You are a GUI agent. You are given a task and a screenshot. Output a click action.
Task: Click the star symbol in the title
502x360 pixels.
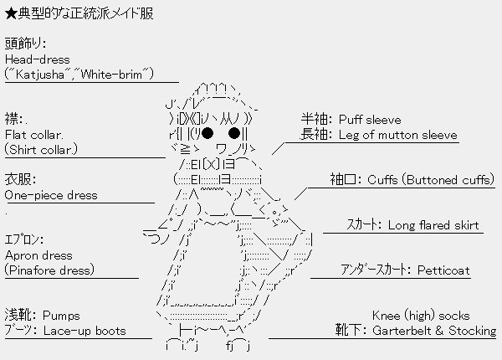pos(11,15)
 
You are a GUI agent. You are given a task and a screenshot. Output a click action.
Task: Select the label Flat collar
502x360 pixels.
pos(34,134)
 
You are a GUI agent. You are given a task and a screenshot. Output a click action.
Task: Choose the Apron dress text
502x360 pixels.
pos(38,255)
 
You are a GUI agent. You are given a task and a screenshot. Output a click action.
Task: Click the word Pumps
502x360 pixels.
pos(61,316)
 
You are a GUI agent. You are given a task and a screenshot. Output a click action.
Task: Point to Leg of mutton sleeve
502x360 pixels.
pos(397,135)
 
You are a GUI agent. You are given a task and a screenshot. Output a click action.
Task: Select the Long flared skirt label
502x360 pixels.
pos(433,225)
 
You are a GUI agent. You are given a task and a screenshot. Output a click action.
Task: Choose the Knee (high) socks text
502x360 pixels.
pos(420,316)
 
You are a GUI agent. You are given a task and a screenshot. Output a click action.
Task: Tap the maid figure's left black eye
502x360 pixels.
pos(207,133)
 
